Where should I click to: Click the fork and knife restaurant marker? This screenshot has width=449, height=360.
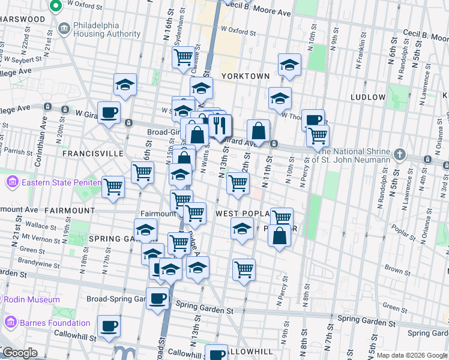pos(220,125)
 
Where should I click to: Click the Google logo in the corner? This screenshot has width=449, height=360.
pos(19,353)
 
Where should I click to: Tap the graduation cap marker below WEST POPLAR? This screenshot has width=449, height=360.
pos(242,230)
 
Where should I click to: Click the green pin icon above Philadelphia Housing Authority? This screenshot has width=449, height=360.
pos(56,7)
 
